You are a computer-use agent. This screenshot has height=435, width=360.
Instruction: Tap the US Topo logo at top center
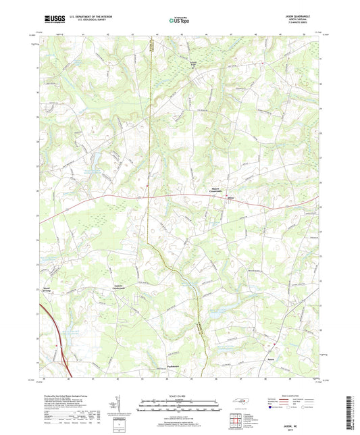click(x=178, y=20)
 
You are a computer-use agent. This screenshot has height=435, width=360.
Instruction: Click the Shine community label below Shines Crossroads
click(x=230, y=198)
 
